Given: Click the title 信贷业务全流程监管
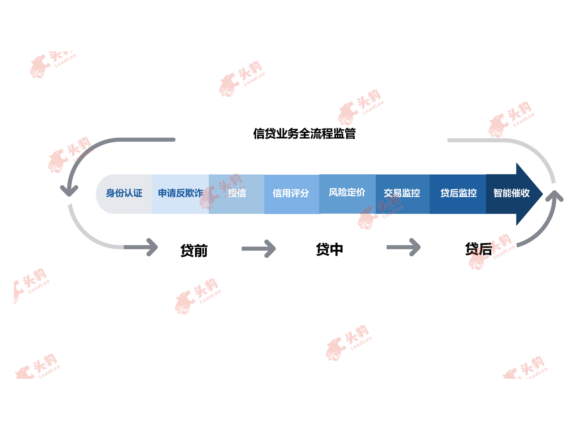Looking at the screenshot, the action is pyautogui.click(x=304, y=134).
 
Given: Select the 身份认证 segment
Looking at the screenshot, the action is pyautogui.click(x=124, y=194).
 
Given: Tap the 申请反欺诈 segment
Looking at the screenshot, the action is pyautogui.click(x=180, y=194).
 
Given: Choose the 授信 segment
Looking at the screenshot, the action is pyautogui.click(x=237, y=194).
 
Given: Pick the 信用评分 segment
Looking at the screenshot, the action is pyautogui.click(x=292, y=194).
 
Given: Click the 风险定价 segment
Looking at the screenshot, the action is pyautogui.click(x=347, y=194).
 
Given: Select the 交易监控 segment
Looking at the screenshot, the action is pyautogui.click(x=403, y=194).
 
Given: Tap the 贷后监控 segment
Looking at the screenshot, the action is pyautogui.click(x=458, y=194).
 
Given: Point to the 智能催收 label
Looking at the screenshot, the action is pyautogui.click(x=511, y=193).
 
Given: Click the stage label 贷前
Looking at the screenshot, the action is pyautogui.click(x=194, y=251).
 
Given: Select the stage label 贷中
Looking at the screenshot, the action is pyautogui.click(x=329, y=249).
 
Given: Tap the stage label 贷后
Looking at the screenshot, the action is pyautogui.click(x=479, y=249).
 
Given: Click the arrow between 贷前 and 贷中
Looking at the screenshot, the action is pyautogui.click(x=258, y=249).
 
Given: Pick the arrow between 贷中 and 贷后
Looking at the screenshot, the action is pyautogui.click(x=403, y=247).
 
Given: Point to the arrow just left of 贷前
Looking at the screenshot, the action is pyautogui.click(x=141, y=247).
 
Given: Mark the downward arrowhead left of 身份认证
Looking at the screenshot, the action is pyautogui.click(x=69, y=190).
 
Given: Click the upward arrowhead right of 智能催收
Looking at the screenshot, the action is pyautogui.click(x=554, y=196).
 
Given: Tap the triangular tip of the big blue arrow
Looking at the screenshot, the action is pyautogui.click(x=542, y=194).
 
